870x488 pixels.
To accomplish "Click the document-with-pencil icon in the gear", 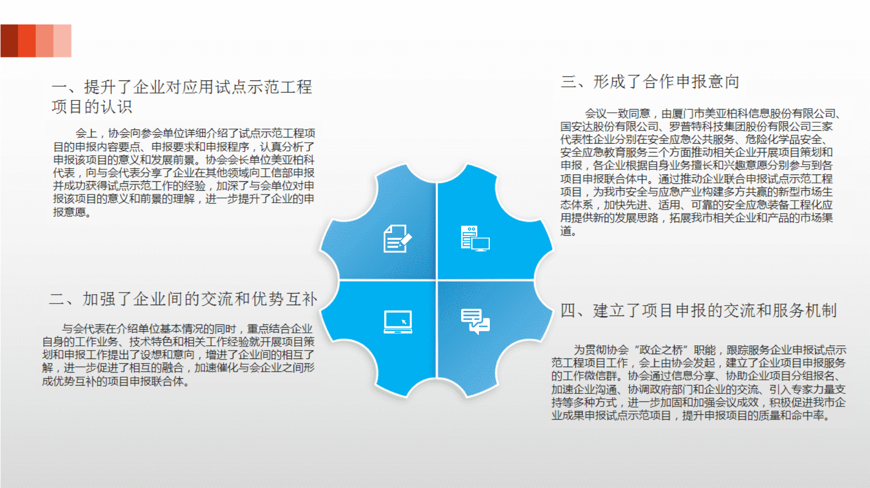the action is (397, 239).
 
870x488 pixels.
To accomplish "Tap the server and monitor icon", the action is (475, 239).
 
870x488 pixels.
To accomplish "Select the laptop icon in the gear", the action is (398, 322).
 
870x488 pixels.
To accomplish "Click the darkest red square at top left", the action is (9, 41).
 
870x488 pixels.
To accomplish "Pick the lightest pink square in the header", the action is (63, 41).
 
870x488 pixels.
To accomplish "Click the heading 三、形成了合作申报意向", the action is (650, 82).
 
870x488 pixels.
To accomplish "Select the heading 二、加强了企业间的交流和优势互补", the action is (183, 299).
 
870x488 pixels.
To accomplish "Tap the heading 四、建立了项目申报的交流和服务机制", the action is (698, 311).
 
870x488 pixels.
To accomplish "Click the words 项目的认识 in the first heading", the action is (92, 107).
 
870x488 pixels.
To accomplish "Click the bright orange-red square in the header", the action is (27, 41).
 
